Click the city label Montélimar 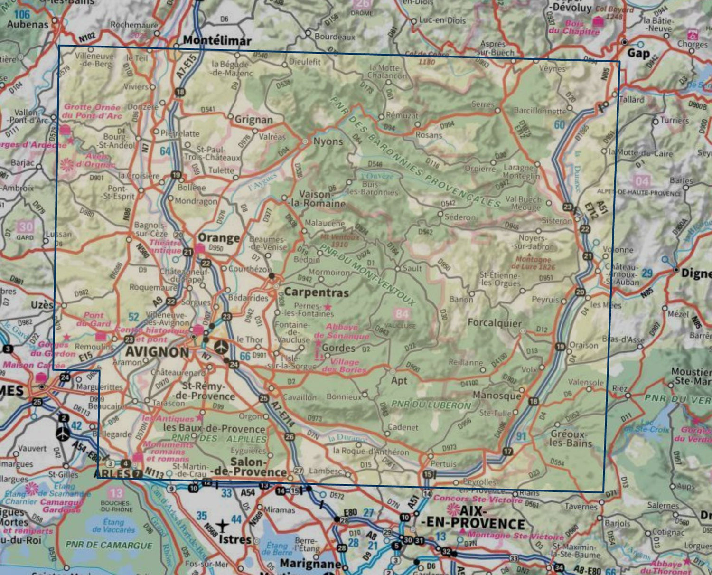pos(217,40)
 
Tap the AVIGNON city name pos(157,352)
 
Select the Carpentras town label pos(316,292)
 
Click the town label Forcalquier pos(494,323)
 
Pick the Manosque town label pos(497,395)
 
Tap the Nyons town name pos(328,141)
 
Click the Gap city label pos(638,53)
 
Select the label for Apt pos(399,380)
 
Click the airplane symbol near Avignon pos(221,347)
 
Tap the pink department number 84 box pos(401,313)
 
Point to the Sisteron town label pos(557,221)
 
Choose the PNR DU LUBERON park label pos(431,405)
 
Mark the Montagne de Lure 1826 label pos(534,263)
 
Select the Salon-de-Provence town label pos(258,467)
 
